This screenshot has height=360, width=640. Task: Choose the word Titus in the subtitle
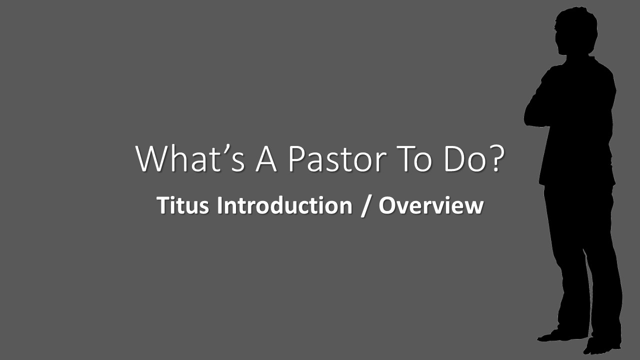point(183,206)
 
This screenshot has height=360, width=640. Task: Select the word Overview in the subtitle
point(430,206)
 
